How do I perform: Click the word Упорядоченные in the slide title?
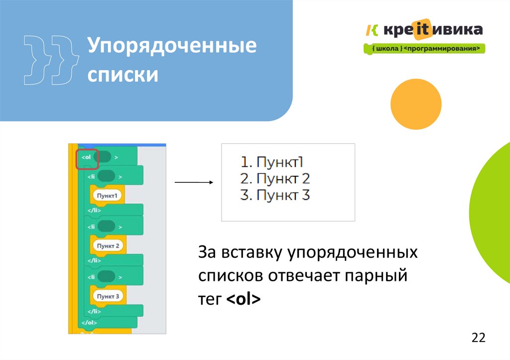(172, 48)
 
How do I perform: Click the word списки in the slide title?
(123, 75)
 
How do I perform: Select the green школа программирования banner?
(425, 48)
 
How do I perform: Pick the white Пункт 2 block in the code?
(108, 245)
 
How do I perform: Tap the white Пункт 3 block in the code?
(108, 296)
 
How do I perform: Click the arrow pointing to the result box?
(194, 182)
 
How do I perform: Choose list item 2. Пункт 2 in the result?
(275, 178)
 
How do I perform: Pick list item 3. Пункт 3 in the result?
(275, 195)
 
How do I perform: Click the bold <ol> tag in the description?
(243, 300)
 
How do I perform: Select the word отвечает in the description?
(305, 276)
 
